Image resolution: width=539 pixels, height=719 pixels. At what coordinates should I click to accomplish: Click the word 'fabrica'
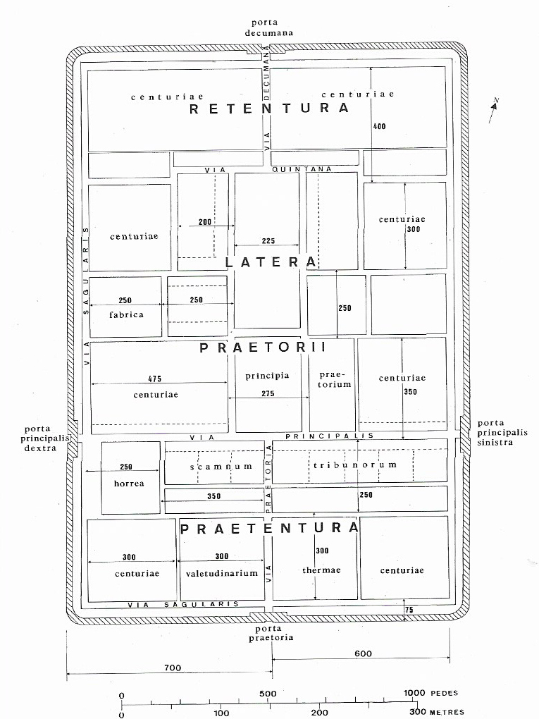(126, 314)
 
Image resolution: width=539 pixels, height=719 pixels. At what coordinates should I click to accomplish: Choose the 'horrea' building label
(129, 484)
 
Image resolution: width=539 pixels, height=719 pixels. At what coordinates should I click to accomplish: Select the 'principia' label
(267, 376)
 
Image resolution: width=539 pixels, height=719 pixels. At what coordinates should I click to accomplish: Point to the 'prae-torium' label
(334, 379)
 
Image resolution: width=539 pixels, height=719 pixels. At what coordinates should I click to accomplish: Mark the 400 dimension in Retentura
(379, 125)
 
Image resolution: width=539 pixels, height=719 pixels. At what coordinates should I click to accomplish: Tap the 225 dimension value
(268, 241)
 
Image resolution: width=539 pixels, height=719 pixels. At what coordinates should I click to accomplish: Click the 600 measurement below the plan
(363, 653)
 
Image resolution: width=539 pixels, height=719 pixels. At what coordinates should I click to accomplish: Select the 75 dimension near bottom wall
(409, 610)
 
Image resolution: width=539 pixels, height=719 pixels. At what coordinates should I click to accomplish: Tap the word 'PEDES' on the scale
(443, 693)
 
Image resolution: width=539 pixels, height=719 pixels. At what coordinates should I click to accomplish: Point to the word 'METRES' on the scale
(447, 712)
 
